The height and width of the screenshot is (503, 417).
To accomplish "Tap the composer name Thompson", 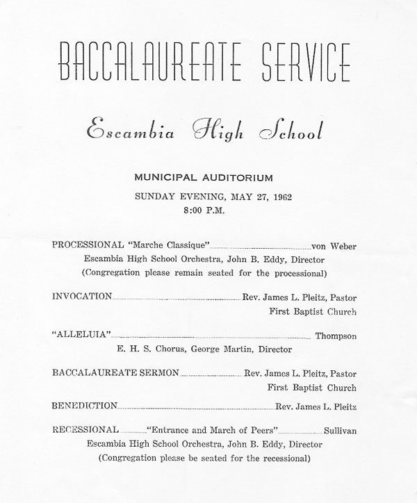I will coord(336,336).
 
